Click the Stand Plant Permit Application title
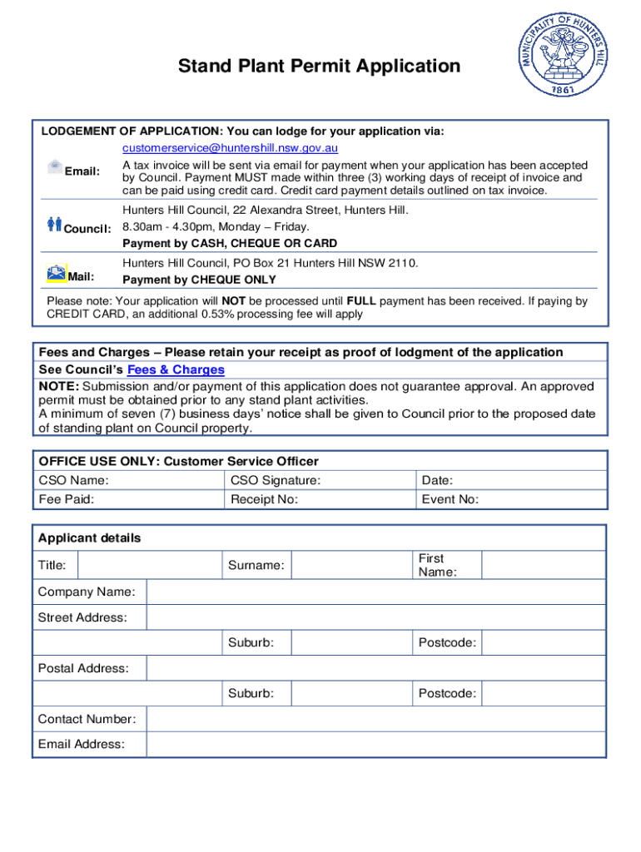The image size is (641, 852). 319,66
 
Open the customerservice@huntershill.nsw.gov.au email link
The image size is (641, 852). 230,148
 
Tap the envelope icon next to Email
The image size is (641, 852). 55,166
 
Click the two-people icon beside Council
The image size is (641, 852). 55,223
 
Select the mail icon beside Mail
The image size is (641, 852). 57,272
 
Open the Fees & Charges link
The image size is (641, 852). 176,369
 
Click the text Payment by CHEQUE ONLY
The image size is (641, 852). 199,280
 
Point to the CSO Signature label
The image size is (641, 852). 275,480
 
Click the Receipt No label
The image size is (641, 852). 264,499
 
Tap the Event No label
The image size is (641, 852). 450,499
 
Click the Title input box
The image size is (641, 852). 149,565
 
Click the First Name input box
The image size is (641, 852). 544,565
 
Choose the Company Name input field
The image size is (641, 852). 375,592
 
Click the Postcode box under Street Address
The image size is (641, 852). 544,643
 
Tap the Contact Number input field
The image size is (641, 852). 375,719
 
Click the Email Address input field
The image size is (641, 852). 375,744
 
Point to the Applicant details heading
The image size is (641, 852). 89,538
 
